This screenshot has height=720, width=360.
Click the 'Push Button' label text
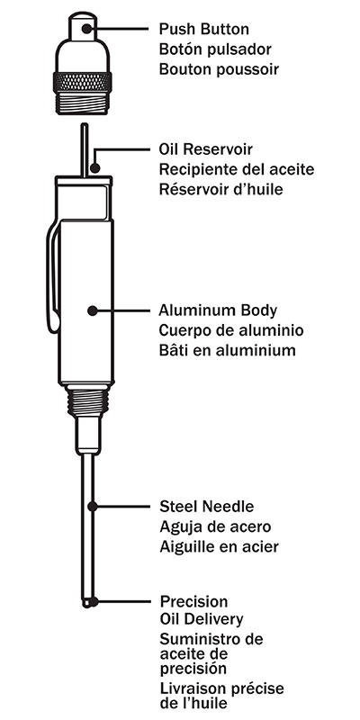(x=204, y=30)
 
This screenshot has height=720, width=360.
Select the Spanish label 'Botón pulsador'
(x=215, y=49)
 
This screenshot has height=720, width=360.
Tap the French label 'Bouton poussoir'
(x=219, y=69)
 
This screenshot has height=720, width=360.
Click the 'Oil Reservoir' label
(x=206, y=149)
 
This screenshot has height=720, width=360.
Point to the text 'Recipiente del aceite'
(x=237, y=169)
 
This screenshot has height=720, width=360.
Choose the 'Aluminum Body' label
(x=218, y=310)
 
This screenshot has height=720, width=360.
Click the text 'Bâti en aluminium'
(x=227, y=350)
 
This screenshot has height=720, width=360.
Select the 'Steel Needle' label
(x=207, y=507)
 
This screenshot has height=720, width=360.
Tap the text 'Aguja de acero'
(x=215, y=526)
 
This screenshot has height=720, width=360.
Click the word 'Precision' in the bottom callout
(x=193, y=601)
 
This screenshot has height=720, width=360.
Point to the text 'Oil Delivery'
(x=202, y=619)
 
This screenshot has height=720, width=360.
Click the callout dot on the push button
(x=86, y=29)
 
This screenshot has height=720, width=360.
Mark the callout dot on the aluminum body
(x=93, y=310)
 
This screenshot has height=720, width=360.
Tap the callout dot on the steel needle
(x=93, y=507)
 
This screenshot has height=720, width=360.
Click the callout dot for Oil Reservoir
(x=95, y=168)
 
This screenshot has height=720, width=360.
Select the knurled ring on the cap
(x=83, y=82)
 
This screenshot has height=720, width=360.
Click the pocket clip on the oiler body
(x=54, y=276)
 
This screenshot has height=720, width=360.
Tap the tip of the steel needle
(x=87, y=604)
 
